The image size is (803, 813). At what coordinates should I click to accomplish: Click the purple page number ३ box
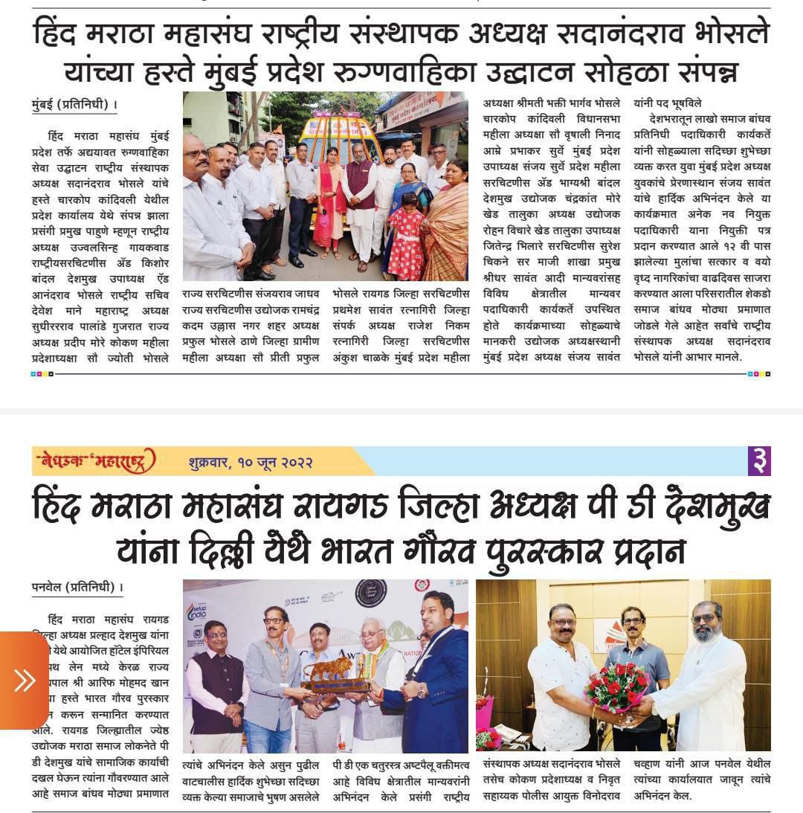(x=758, y=461)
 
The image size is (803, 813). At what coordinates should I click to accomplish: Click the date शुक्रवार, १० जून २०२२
(x=250, y=462)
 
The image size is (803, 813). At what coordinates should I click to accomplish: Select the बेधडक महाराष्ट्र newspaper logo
(x=94, y=462)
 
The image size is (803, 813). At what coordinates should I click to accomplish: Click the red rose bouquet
(x=617, y=686)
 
